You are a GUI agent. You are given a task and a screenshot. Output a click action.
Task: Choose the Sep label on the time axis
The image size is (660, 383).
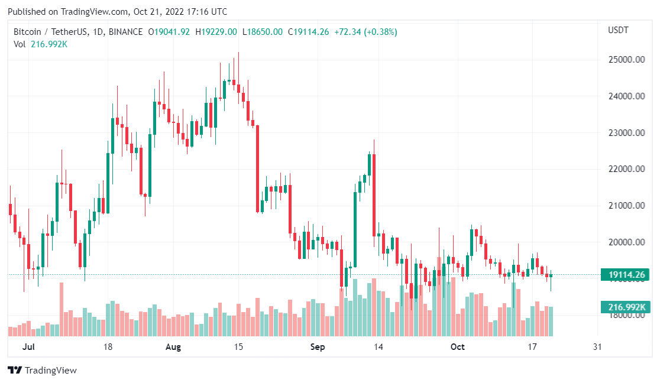pos(318,347)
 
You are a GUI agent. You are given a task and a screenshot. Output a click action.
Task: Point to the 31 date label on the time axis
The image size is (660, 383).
pos(597,347)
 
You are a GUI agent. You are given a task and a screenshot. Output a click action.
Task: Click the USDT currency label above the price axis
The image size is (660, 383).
pos(619,30)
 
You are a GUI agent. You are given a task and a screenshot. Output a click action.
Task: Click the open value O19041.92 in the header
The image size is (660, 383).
pos(169,32)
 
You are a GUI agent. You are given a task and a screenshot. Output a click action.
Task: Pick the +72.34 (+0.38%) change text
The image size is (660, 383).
pos(365,32)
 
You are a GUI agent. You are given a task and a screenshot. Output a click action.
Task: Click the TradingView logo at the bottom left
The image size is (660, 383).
pos(43,371)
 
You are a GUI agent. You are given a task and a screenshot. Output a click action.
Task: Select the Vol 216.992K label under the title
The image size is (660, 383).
pos(41,44)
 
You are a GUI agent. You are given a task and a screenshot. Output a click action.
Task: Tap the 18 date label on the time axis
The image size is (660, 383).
pos(108,347)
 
